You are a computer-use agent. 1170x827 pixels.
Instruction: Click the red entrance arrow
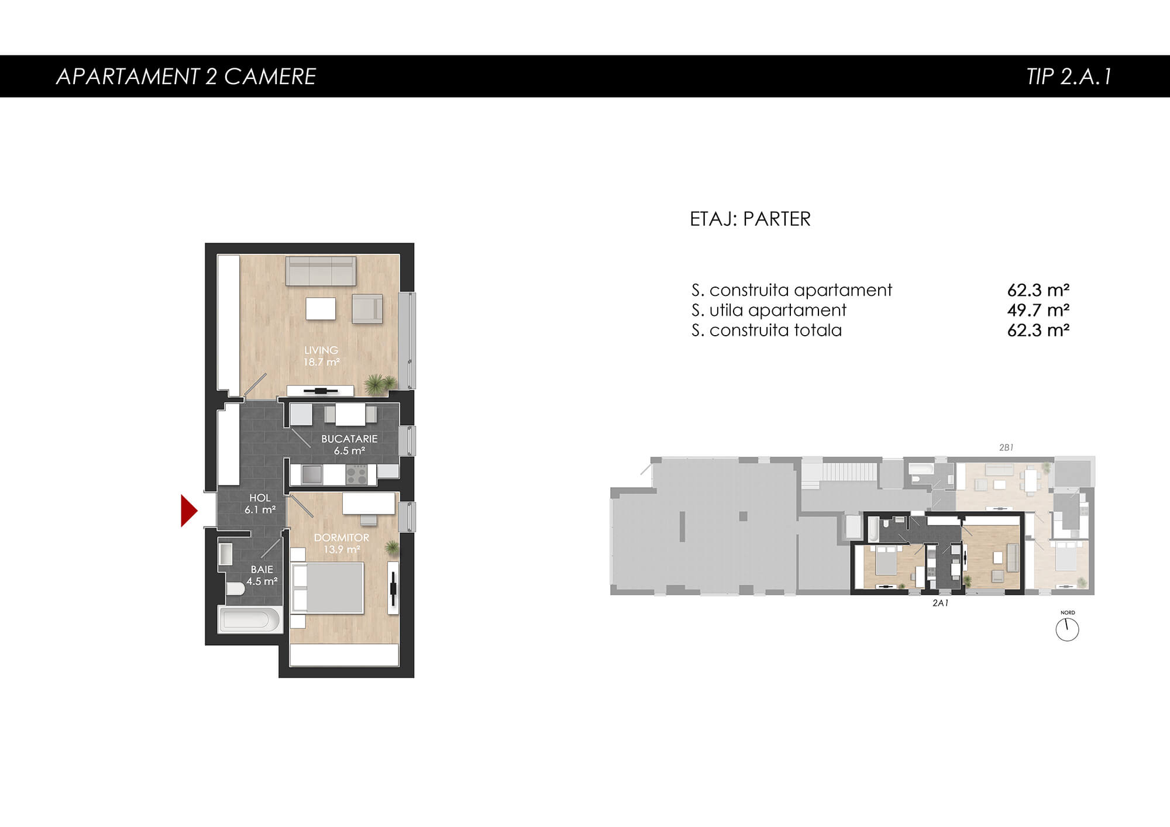click(188, 511)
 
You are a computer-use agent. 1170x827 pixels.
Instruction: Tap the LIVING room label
click(321, 350)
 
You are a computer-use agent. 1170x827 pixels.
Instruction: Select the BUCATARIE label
click(349, 439)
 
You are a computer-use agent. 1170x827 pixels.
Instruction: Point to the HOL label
click(260, 498)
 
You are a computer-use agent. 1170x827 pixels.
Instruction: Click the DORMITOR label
click(342, 537)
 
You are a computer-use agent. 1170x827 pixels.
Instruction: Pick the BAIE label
click(262, 569)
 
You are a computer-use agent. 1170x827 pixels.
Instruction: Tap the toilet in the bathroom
click(235, 588)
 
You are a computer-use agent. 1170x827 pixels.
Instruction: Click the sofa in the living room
click(321, 271)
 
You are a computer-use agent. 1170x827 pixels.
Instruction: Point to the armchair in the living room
click(367, 309)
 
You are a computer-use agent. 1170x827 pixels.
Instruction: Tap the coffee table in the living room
click(321, 308)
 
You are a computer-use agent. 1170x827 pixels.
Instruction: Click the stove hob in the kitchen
click(356, 474)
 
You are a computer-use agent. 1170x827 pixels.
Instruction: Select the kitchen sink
click(311, 474)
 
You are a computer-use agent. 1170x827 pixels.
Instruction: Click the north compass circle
click(1067, 630)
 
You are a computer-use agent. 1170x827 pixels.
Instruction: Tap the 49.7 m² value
click(1038, 310)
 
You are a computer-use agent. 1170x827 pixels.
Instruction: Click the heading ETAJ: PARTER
click(750, 219)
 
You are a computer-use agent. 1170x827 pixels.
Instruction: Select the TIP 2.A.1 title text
click(1069, 76)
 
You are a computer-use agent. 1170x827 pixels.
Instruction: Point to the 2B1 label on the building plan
click(1006, 447)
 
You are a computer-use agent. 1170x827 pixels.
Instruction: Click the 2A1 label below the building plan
click(940, 603)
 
